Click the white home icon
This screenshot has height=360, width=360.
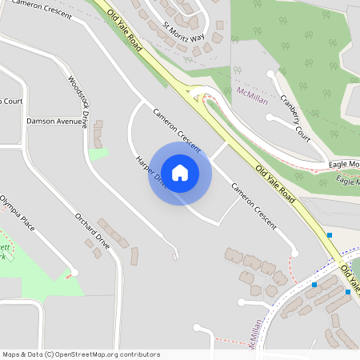point(180,172)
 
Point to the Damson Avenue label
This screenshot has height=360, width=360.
point(54,122)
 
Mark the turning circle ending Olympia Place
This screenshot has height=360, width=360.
point(74,272)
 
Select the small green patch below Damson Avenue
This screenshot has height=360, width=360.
point(98,154)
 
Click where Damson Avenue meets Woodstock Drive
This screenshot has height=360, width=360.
point(86,122)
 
